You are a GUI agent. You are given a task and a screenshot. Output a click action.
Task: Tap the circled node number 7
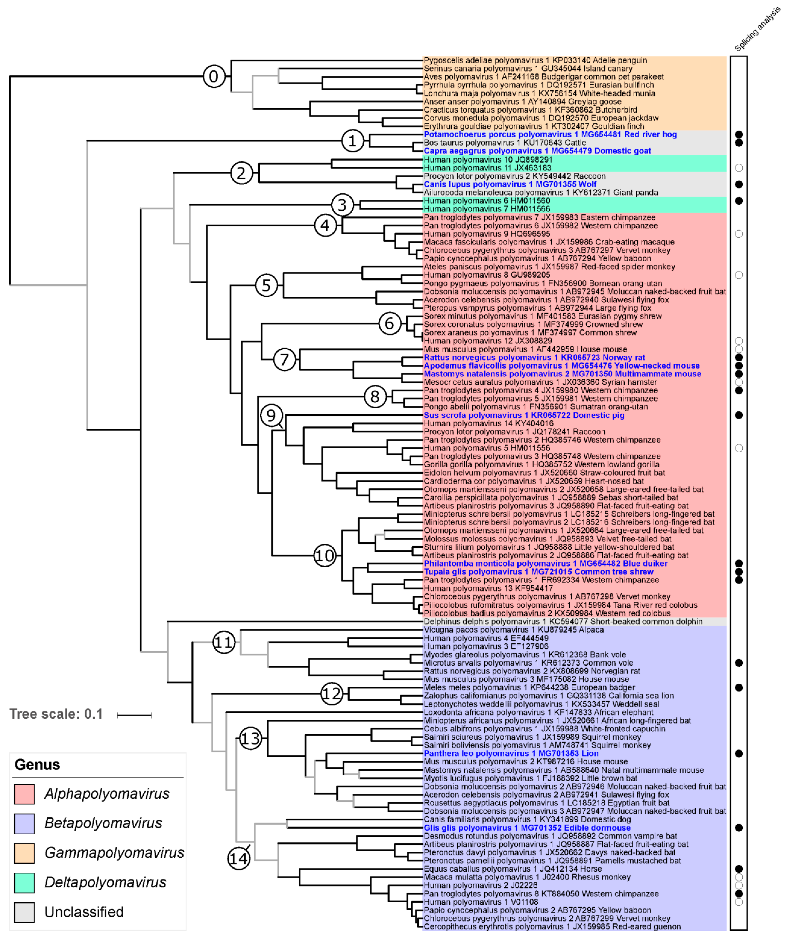[284, 359]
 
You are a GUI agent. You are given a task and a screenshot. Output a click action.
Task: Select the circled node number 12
[332, 694]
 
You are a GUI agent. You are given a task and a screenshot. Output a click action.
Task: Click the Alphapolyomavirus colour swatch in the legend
[24, 793]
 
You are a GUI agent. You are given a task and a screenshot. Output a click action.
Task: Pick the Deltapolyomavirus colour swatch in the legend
[24, 882]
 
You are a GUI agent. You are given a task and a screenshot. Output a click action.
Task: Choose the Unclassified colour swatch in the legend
[24, 912]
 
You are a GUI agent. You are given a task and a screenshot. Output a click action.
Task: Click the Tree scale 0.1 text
[56, 714]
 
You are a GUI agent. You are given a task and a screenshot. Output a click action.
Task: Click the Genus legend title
[37, 764]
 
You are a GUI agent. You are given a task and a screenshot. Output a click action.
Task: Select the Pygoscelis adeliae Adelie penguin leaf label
[535, 60]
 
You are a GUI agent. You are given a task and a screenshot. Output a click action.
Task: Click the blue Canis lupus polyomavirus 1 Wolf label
[510, 184]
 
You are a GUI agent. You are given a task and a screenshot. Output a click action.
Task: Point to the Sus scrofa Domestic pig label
[524, 415]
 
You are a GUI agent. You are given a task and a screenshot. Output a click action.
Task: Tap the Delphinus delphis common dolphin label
[563, 621]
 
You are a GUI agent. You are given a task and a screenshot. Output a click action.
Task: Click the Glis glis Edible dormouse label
[527, 828]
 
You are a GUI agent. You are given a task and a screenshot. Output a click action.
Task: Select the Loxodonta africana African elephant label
[538, 712]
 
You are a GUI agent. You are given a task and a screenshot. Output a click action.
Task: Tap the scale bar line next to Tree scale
[134, 715]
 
